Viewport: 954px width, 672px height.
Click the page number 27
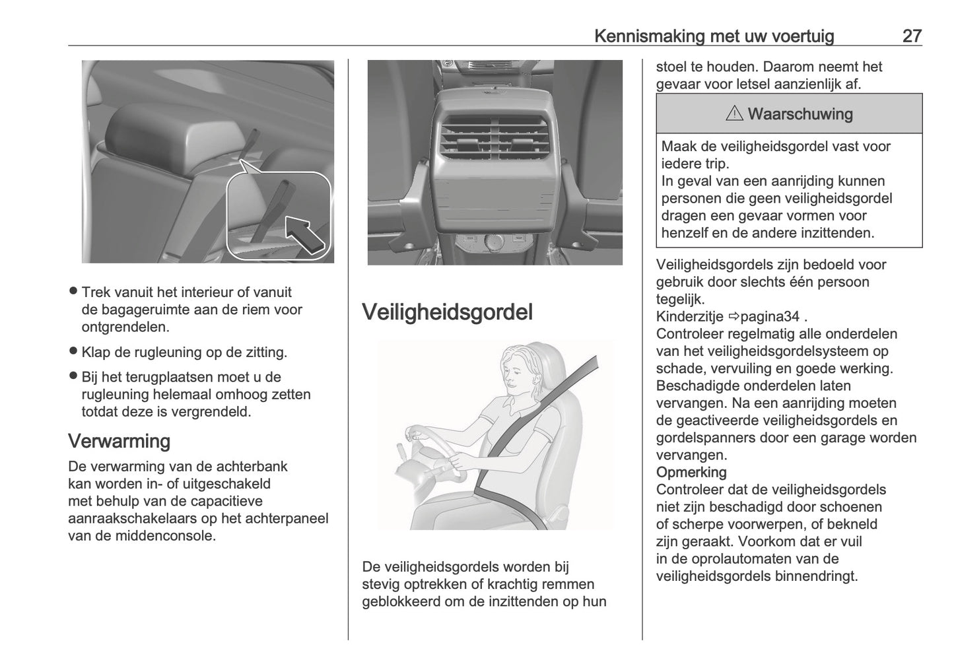click(911, 36)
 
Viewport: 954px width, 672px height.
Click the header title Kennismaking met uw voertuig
click(714, 36)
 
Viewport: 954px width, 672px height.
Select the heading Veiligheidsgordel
click(447, 312)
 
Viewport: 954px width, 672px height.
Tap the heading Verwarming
click(119, 440)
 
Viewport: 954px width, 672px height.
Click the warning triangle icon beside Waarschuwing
click(733, 114)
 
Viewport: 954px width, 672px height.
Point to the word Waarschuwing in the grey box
click(800, 114)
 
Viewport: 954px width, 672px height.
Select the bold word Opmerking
click(691, 472)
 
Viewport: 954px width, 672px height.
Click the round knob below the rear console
click(494, 245)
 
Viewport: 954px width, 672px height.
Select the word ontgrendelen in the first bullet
click(125, 326)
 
